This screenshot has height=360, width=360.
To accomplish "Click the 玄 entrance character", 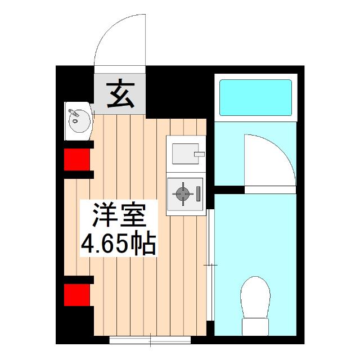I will [x=120, y=94].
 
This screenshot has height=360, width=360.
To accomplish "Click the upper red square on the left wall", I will [x=78, y=159].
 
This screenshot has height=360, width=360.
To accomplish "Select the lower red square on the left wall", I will [x=78, y=294].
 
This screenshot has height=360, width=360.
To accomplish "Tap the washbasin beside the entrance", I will [x=77, y=119].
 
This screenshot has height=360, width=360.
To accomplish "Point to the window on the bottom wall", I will [x=150, y=340].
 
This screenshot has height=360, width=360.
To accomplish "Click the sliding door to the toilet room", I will [x=210, y=264].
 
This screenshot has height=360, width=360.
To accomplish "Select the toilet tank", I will [x=255, y=326].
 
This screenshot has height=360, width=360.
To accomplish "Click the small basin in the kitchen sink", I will [x=183, y=152].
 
